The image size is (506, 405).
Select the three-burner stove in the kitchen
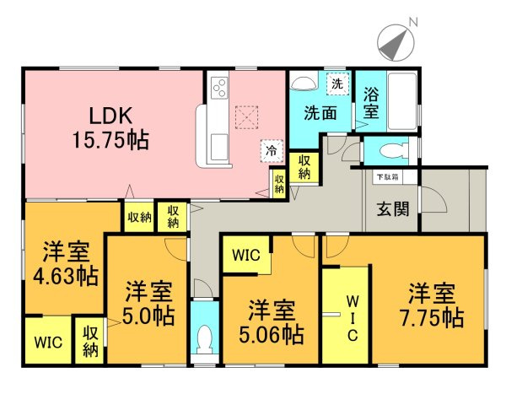click(x=219, y=87)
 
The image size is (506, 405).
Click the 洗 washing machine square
click(x=336, y=84)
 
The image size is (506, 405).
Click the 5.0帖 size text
click(x=148, y=316)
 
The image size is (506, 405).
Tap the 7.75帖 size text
click(x=431, y=317)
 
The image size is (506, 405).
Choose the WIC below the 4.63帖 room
click(x=47, y=343)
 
